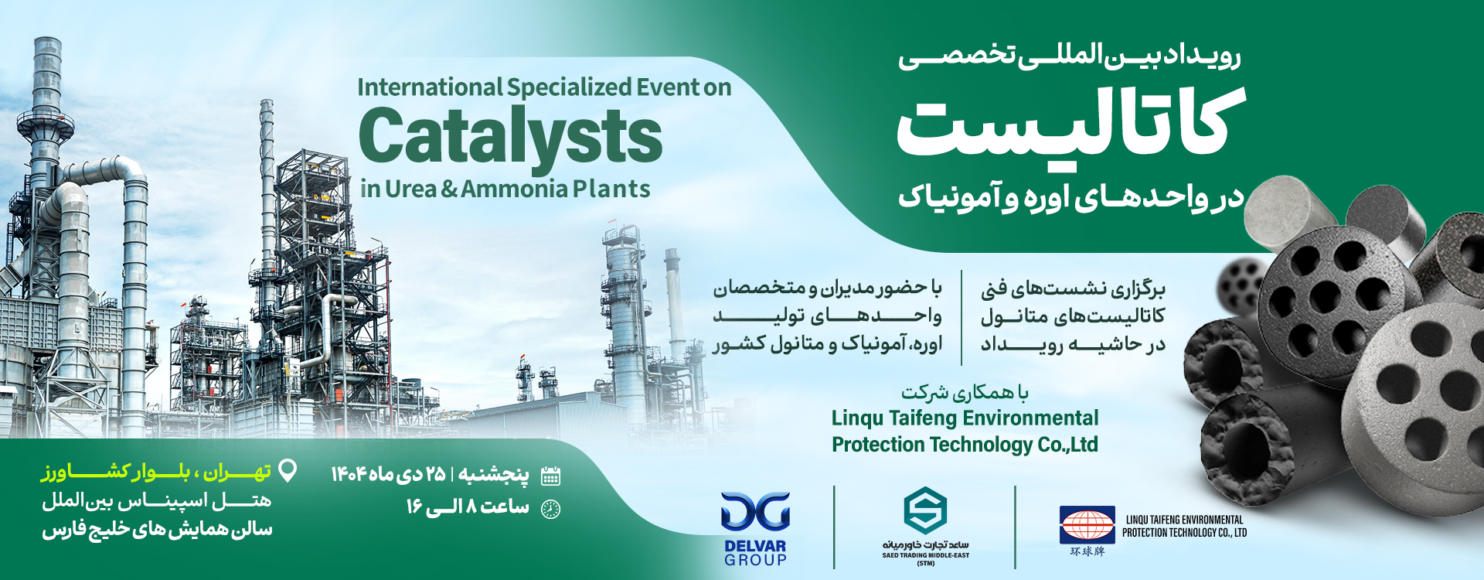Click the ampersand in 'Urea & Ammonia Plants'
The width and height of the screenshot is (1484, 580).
click(x=449, y=189)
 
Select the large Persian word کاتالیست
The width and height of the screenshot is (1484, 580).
click(x=1070, y=124)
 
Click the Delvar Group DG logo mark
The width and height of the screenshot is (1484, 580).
click(x=755, y=511)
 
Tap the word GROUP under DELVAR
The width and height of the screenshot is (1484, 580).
click(x=755, y=560)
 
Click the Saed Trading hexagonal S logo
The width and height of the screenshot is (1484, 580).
click(x=925, y=510)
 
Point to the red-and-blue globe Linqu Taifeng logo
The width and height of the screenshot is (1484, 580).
click(x=1087, y=525)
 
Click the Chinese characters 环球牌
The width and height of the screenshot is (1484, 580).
click(x=1087, y=551)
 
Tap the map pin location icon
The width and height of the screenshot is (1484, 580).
click(x=288, y=470)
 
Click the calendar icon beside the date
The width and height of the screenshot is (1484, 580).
click(x=550, y=476)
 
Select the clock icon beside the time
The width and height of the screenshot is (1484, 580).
click(x=550, y=509)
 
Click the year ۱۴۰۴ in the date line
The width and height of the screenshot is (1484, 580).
click(x=348, y=474)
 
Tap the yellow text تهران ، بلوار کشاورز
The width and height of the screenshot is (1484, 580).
click(x=155, y=472)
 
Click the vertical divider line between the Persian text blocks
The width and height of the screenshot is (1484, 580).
click(x=962, y=317)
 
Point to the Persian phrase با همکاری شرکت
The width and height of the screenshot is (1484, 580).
click(x=965, y=393)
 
